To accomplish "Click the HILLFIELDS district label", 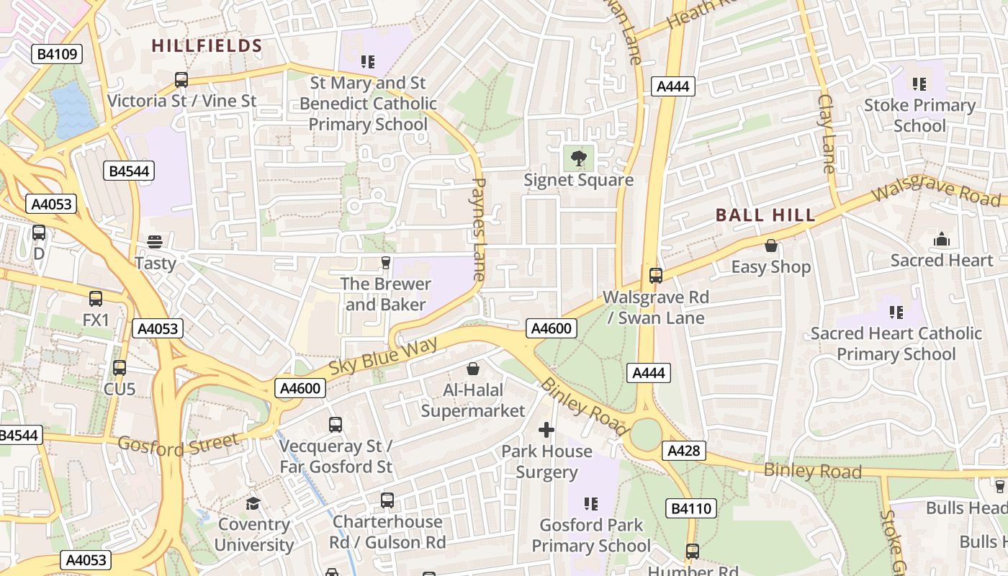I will [x=207, y=46].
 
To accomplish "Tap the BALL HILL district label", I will [x=765, y=215].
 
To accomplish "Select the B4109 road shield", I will [x=57, y=54].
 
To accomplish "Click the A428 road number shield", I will [x=683, y=451].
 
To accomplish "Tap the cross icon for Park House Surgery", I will [x=546, y=430].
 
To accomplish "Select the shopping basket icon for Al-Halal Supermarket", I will [x=473, y=369].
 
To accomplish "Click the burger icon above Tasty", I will [x=155, y=241].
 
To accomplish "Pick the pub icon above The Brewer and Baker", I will [x=386, y=262].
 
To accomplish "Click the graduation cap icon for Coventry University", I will [x=253, y=503].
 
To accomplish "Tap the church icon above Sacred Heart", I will [x=941, y=239].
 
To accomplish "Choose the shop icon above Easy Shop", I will [x=771, y=246].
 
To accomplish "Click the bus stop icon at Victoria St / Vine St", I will [x=181, y=79].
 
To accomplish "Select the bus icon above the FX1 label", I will [x=96, y=298].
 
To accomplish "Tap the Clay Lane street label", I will [x=827, y=133].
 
